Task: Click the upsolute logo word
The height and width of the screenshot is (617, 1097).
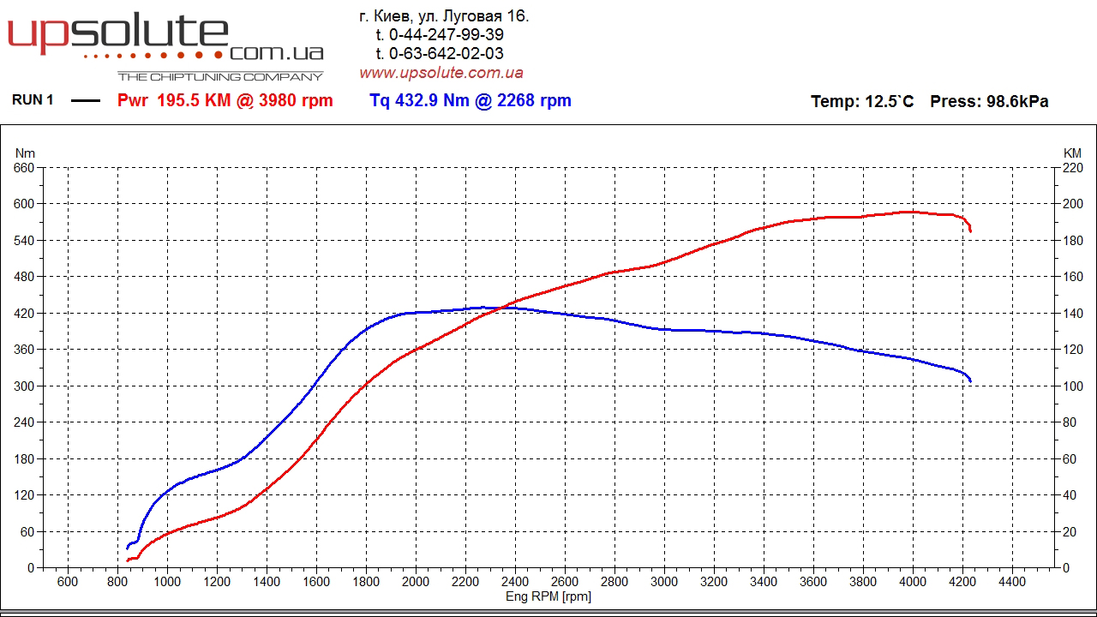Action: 118,34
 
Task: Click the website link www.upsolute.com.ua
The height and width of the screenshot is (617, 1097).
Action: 441,73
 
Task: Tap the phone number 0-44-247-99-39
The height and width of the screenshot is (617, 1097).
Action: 447,35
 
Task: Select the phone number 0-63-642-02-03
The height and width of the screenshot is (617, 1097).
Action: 447,54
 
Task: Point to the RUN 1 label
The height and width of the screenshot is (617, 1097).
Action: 33,100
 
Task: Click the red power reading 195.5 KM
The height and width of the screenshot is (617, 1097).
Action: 194,100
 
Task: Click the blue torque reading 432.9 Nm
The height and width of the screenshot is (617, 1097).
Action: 420,100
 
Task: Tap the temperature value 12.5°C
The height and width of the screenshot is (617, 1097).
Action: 890,101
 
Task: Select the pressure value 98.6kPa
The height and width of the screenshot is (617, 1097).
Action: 1017,101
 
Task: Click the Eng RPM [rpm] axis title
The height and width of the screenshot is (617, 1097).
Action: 548,596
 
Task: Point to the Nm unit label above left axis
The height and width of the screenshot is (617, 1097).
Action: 24,153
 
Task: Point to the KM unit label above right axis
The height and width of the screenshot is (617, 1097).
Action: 1072,153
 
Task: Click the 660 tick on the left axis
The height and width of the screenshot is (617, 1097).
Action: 24,168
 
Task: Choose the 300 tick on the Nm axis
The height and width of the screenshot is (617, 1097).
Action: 24,386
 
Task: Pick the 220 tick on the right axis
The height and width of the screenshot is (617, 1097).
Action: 1072,168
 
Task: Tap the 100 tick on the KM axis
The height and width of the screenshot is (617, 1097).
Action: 1072,386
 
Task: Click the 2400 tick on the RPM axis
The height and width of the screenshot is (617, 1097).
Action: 515,582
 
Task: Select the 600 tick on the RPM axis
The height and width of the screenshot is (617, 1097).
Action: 68,582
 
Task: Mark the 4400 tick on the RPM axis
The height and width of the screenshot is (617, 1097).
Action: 1012,582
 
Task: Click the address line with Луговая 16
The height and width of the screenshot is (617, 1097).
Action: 444,16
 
